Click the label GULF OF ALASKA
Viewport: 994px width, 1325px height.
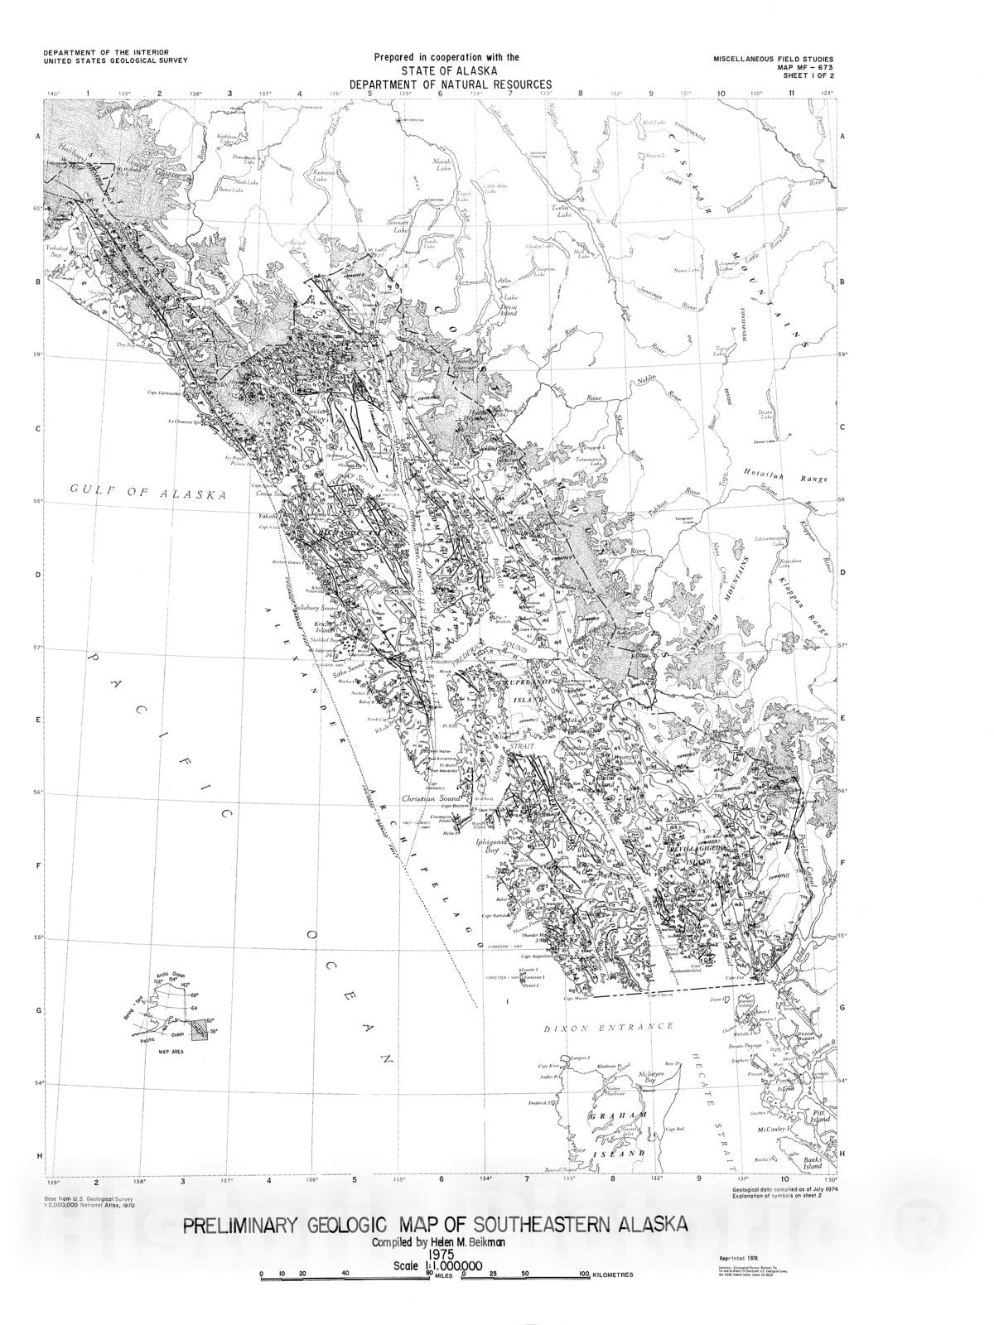coord(147,494)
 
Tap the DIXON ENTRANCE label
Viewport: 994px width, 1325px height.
coord(609,1027)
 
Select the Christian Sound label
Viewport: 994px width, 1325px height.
coord(432,799)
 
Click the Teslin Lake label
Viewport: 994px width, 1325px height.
coord(564,211)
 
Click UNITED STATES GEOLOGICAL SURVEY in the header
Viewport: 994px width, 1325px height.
coord(115,60)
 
